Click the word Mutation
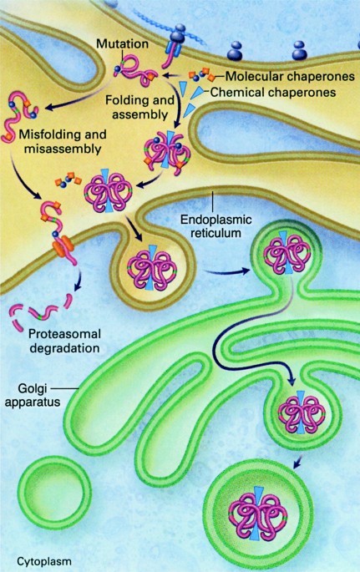coord(122,43)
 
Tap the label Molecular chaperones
coord(290,76)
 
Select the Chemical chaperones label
coord(273,92)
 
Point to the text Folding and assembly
coord(140,107)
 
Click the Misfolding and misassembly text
coord(63,142)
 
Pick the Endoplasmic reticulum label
coord(216,226)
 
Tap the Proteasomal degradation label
coord(64,341)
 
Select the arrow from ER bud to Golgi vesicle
coord(227,271)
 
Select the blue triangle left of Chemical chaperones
coord(200,91)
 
